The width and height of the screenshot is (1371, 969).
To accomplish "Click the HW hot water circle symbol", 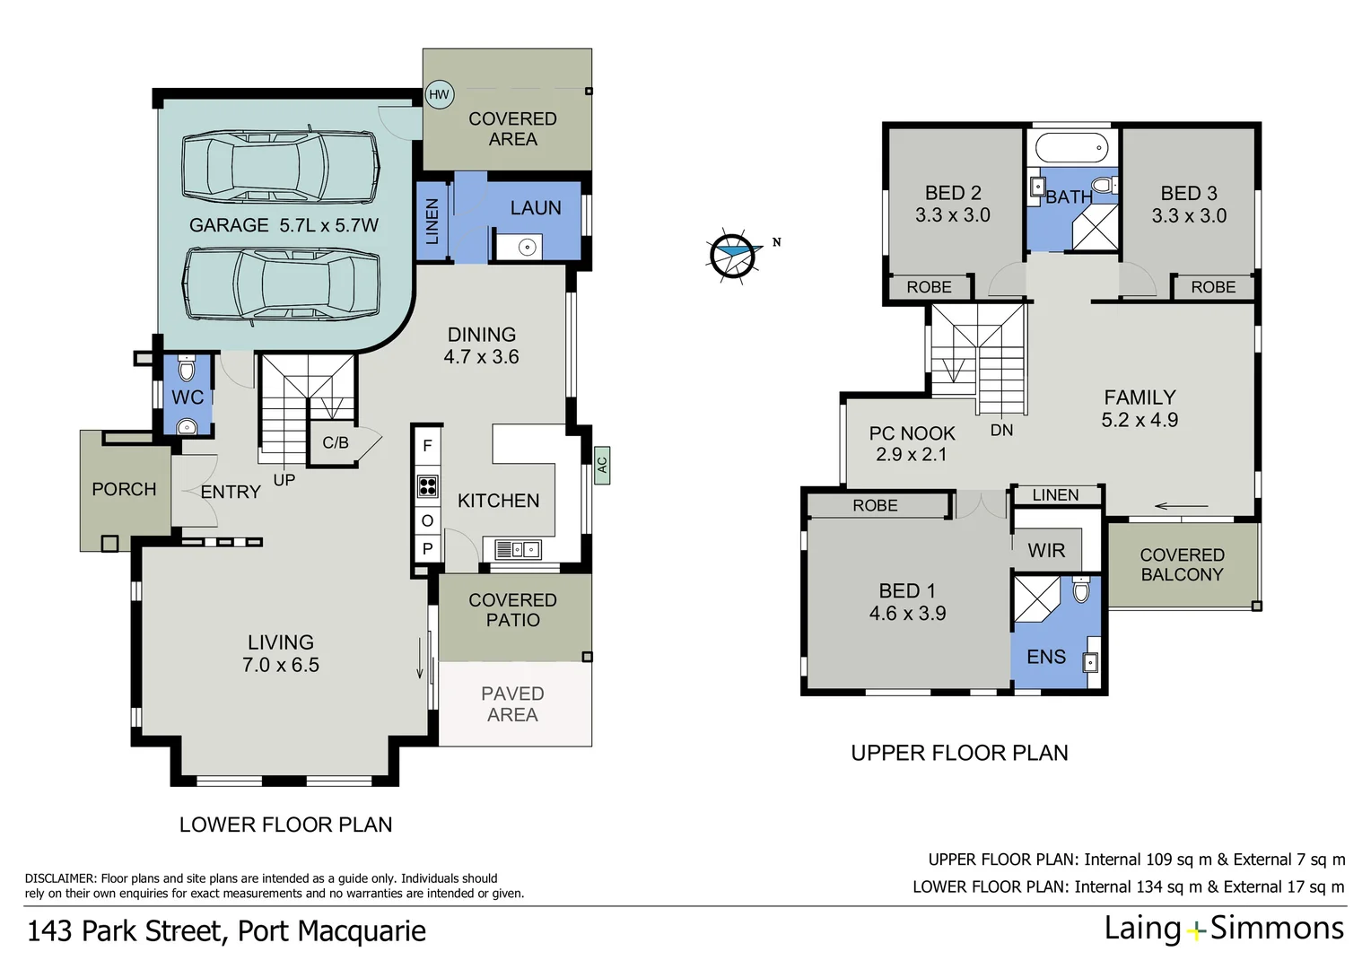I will coord(439,94).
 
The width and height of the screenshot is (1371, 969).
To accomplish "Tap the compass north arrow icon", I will coord(732,255).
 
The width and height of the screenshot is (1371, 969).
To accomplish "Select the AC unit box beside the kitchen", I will coord(601,465).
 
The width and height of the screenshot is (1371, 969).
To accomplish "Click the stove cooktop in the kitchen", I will coord(427,485).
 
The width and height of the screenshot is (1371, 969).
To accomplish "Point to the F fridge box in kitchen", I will coord(427,446).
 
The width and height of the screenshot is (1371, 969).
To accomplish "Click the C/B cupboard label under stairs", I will coord(336,442).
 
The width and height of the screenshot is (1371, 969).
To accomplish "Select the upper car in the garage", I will coord(280,167).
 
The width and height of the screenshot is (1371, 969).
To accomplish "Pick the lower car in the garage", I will coord(281,284).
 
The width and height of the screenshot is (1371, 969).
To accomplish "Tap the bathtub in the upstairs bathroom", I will coord(1071,147).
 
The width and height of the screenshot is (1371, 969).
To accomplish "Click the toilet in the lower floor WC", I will coord(187,369).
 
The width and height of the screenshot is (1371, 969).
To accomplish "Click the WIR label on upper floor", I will coord(1046,551).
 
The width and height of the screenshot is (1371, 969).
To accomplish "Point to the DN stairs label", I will coord(1001,431).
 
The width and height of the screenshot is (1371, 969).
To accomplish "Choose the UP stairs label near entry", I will coord(284,480).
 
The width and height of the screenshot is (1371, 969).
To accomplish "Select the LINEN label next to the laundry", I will coord(432,222).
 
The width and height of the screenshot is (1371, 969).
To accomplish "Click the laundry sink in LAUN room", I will coord(527,247).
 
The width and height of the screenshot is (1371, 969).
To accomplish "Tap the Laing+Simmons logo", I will coord(1224,928).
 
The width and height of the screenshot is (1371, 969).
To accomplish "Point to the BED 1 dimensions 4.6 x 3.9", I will coord(907,614).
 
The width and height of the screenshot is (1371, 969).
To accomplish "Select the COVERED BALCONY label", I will coord(1182,565).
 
